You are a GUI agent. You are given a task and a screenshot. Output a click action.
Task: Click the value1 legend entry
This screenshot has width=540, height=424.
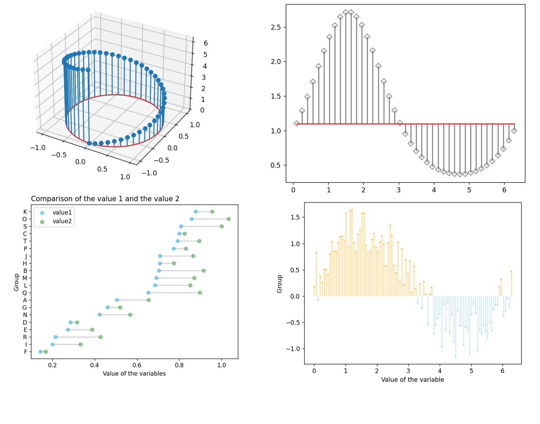click(62, 213)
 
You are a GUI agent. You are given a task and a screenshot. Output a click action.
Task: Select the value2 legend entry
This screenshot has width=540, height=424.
click(62, 222)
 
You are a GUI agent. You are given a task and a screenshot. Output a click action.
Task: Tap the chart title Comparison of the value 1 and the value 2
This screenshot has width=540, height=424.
click(105, 199)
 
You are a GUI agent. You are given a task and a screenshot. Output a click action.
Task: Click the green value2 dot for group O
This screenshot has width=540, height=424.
click(229, 219)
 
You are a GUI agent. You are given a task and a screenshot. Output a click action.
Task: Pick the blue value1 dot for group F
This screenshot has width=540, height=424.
click(40, 352)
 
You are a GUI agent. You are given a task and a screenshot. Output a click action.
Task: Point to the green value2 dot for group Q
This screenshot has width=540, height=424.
click(200, 293)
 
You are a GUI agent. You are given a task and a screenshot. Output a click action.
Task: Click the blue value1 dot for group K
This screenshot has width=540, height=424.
click(196, 212)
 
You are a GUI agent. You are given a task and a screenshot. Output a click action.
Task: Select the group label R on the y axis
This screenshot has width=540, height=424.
click(25, 337)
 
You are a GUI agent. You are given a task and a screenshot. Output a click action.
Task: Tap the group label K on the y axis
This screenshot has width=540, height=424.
click(25, 212)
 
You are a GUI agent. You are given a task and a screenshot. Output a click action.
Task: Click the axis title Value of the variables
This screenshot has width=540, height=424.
click(134, 374)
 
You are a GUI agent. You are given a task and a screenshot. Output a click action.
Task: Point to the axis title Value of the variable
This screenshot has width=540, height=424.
click(413, 380)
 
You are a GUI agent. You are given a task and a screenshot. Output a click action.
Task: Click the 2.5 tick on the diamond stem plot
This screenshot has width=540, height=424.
click(276, 27)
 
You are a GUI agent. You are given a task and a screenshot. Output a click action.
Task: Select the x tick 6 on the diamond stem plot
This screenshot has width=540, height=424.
click(504, 190)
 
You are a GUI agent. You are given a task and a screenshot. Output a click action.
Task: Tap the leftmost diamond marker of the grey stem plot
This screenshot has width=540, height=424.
click(296, 123)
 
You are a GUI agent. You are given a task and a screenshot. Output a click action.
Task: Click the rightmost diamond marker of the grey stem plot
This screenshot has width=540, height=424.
click(514, 131)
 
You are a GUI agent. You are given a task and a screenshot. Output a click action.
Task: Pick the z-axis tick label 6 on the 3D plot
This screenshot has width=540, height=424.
click(206, 43)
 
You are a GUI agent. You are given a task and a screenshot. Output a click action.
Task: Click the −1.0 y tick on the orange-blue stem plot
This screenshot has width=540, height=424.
click(293, 349)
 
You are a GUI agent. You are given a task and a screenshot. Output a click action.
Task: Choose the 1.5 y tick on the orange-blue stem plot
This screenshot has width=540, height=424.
click(295, 217)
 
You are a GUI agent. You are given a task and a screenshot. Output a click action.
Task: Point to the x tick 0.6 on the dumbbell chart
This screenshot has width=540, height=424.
click(137, 365)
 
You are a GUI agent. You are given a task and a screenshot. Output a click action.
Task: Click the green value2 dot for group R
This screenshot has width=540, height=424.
click(101, 337)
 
